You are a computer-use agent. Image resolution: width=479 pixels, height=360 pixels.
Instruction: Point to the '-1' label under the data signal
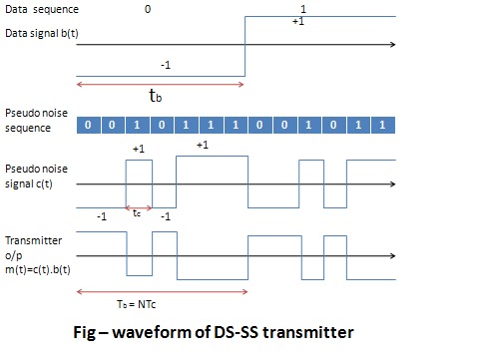click(167, 65)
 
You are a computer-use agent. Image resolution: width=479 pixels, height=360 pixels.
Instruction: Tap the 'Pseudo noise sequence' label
click(33, 117)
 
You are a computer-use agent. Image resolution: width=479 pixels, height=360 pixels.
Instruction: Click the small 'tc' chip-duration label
click(137, 212)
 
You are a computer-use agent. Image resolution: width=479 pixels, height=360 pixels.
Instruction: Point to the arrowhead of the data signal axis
click(393, 45)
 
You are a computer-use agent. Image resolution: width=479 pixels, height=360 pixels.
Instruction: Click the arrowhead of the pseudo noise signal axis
click(393, 183)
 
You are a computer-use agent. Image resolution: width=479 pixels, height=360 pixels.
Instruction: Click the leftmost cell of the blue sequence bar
click(89, 126)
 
